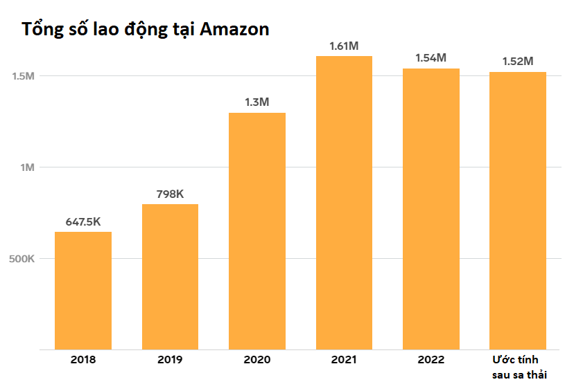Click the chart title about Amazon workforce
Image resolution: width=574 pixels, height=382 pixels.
point(146,30)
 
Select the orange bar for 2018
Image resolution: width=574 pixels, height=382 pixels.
point(83,291)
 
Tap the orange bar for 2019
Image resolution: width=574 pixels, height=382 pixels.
point(170,277)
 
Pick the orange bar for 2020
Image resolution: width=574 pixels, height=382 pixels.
point(257,231)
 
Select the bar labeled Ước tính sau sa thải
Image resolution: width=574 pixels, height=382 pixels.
point(518,211)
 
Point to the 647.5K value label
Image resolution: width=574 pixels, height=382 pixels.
point(83,222)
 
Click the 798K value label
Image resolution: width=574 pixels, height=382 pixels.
point(170,194)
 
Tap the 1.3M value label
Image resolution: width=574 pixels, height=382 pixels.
point(257,102)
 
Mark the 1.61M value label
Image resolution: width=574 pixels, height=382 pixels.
point(344,46)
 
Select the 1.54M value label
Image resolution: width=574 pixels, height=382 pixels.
point(431,58)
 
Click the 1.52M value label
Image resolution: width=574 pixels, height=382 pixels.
point(518,62)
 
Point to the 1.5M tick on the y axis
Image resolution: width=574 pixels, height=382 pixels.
point(23,76)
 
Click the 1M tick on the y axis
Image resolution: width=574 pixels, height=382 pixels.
point(27,167)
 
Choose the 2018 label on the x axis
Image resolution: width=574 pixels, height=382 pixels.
point(83,361)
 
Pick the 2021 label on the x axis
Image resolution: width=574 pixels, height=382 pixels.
point(344,361)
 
